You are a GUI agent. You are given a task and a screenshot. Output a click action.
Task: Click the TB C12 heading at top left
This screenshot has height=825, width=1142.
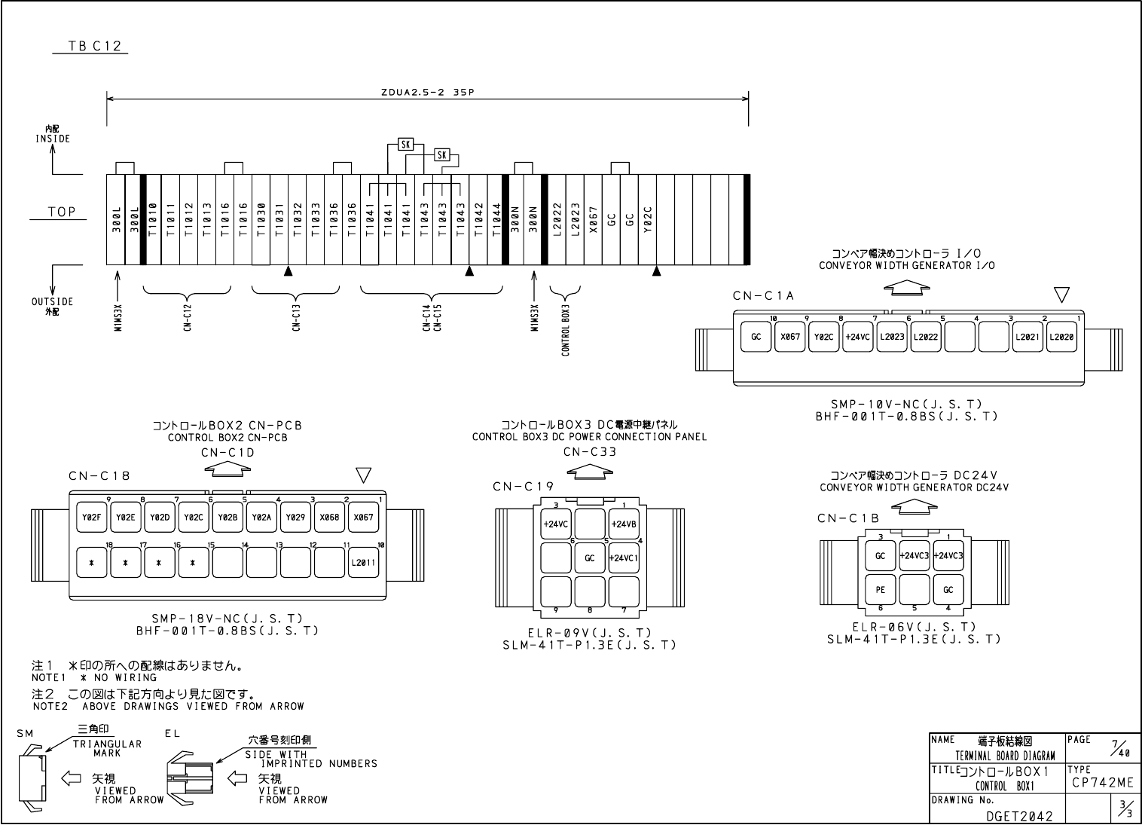(90, 46)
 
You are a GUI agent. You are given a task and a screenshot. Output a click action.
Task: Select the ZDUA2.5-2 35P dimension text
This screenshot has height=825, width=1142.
(427, 93)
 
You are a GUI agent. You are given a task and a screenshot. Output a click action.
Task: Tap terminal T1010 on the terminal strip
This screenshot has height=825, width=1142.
(152, 220)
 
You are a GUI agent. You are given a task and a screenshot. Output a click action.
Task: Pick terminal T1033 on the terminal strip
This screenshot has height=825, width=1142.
(316, 220)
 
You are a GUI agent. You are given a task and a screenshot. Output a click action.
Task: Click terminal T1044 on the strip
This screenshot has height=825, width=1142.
(496, 220)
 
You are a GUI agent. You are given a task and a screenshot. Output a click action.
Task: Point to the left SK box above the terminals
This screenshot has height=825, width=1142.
(405, 144)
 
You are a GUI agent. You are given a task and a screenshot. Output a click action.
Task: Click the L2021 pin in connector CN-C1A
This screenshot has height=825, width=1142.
(1027, 337)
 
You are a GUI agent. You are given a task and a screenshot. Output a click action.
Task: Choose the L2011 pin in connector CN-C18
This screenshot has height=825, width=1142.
(363, 562)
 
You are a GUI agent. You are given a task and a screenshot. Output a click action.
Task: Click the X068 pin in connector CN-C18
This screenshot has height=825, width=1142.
(329, 518)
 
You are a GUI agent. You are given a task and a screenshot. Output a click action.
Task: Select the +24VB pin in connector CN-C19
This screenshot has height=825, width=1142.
(624, 524)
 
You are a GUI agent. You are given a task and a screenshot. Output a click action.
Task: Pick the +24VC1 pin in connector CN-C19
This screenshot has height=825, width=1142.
(624, 558)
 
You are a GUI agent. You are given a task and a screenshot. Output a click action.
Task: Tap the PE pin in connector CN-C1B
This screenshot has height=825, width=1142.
(880, 590)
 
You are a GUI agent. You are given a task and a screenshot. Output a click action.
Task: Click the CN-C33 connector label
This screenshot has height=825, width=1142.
(590, 452)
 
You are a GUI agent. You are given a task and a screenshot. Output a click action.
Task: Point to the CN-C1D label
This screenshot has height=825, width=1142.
(227, 452)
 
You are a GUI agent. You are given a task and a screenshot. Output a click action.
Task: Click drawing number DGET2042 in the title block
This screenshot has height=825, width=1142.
(1018, 815)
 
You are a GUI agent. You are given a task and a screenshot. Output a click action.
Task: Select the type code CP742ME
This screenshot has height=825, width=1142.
(1102, 783)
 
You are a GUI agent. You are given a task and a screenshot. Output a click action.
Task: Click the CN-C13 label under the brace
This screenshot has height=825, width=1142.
(296, 317)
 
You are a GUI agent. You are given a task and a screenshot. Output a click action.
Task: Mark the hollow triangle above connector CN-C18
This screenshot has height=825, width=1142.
(364, 475)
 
